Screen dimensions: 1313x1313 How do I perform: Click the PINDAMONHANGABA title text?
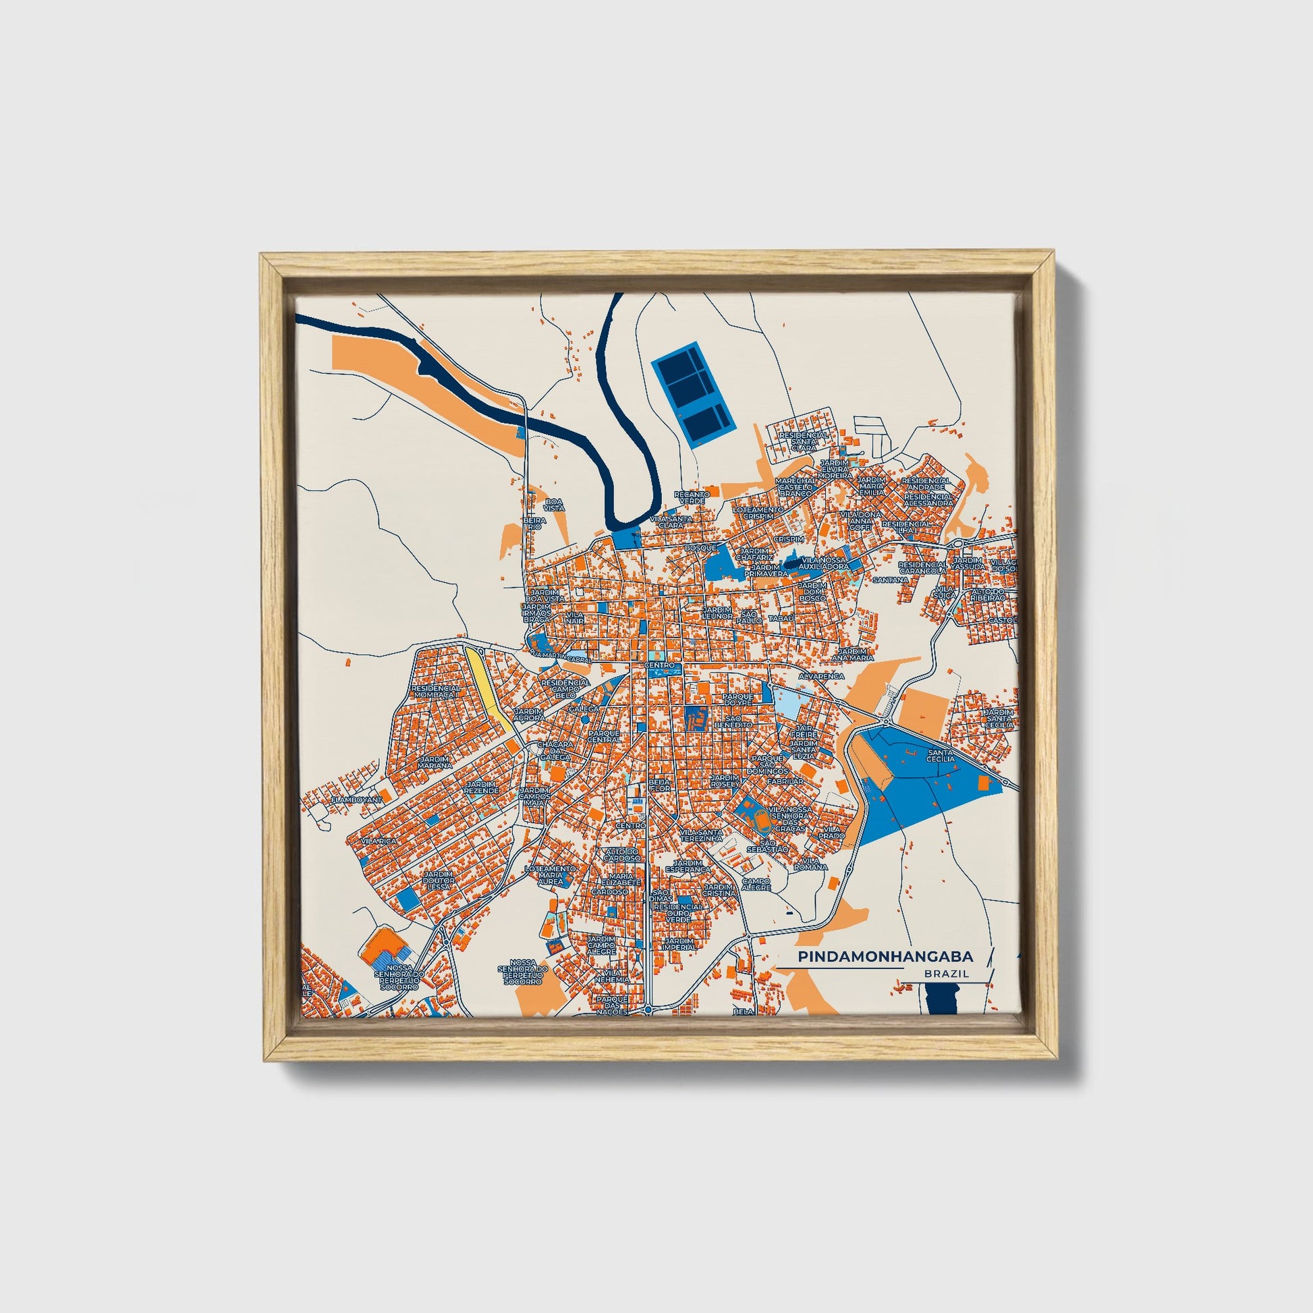(x=885, y=956)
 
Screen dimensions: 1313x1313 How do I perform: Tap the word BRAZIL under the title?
(x=946, y=973)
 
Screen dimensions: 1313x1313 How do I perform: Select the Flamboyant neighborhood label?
(x=357, y=800)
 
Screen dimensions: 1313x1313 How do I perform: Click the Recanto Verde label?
(x=691, y=497)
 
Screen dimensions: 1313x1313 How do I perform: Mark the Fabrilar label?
(x=785, y=781)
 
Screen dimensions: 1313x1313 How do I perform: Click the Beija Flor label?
(x=659, y=785)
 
